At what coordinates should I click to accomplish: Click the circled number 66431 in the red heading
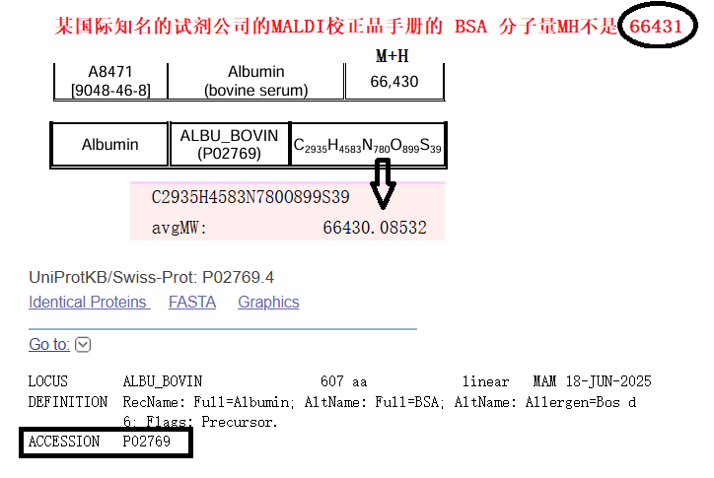click(656, 27)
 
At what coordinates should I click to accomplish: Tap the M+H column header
click(393, 56)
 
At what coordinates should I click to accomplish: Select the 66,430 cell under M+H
click(394, 82)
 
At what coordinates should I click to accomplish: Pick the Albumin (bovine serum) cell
click(256, 81)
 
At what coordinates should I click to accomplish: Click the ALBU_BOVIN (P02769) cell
click(229, 144)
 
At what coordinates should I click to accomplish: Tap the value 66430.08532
click(375, 228)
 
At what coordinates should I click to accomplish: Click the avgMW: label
click(179, 228)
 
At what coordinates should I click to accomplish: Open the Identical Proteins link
click(89, 303)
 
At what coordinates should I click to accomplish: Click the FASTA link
click(192, 303)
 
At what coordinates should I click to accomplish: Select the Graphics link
click(268, 303)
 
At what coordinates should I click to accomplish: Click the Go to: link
click(49, 344)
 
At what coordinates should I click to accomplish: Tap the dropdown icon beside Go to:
click(83, 344)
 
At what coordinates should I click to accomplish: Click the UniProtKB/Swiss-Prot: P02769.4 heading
click(152, 277)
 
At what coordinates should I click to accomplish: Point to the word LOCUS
click(48, 381)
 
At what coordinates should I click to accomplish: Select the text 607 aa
click(344, 381)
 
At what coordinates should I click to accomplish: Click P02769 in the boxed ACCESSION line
click(147, 443)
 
